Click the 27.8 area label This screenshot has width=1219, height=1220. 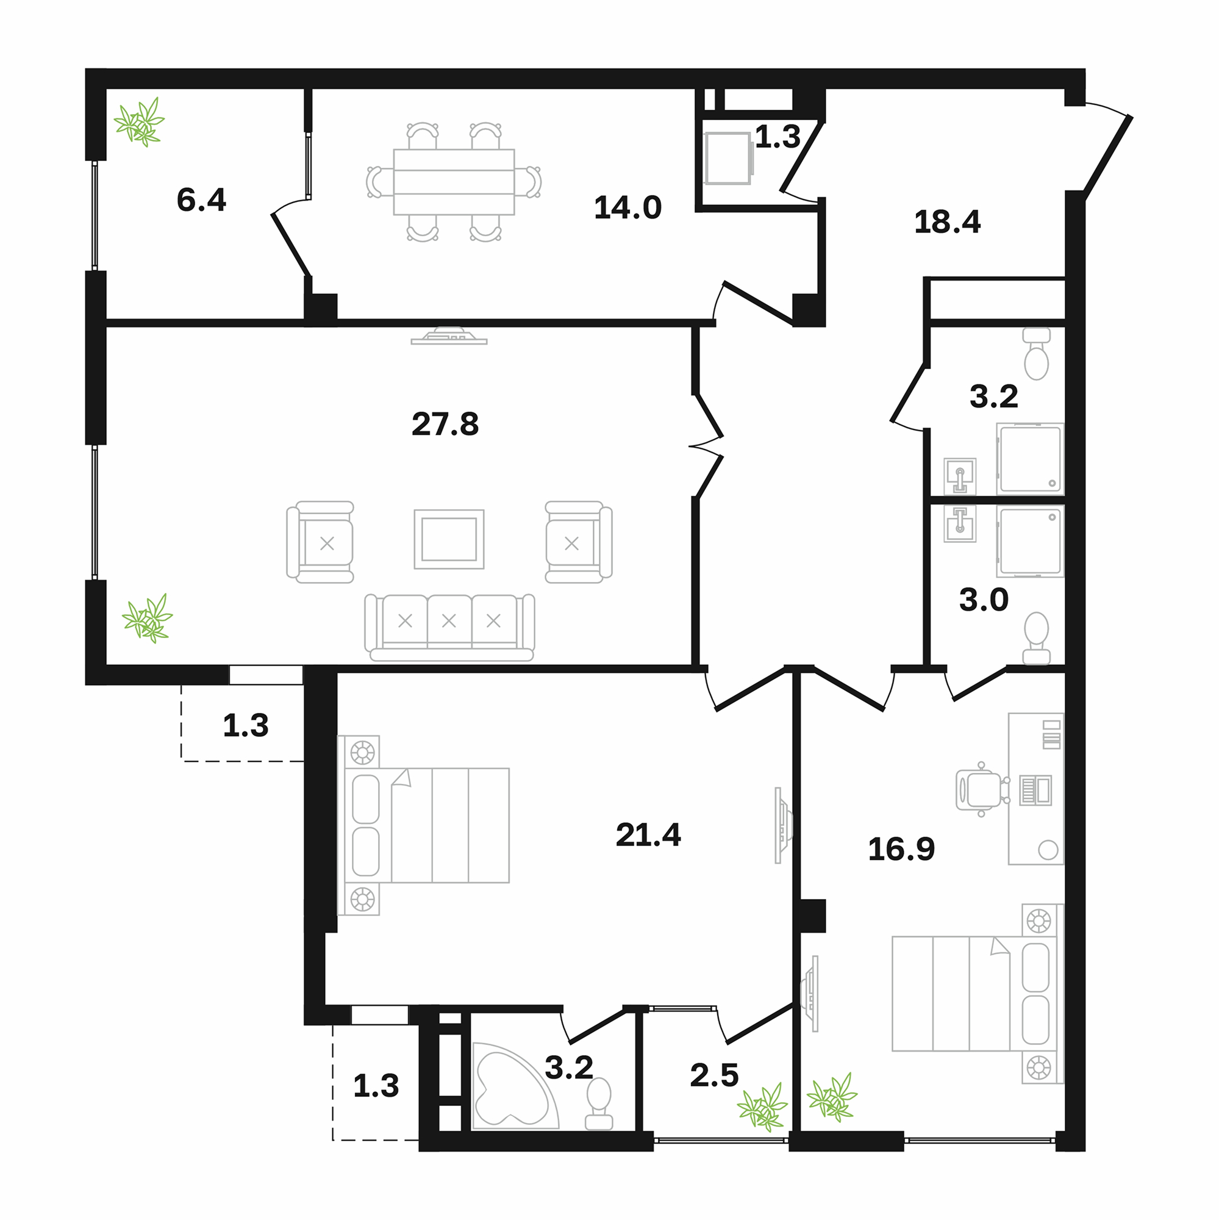click(x=445, y=424)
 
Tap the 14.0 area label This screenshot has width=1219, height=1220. click(x=627, y=208)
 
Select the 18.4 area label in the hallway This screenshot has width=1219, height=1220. click(x=948, y=222)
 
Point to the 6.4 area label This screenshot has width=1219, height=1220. click(x=201, y=200)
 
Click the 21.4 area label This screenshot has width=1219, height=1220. click(x=648, y=835)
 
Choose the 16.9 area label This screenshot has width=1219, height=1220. click(x=901, y=849)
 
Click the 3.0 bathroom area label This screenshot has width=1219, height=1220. click(x=984, y=600)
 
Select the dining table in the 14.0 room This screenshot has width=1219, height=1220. click(x=454, y=182)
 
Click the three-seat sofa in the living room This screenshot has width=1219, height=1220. click(x=449, y=627)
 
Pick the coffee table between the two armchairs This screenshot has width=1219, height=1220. click(x=449, y=539)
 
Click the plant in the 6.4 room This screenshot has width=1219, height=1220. click(x=139, y=122)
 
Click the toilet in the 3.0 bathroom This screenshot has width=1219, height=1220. click(x=1036, y=638)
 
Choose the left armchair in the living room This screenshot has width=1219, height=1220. click(x=320, y=542)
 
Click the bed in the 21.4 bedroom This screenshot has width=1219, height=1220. click(x=423, y=825)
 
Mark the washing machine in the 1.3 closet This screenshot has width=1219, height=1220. click(x=729, y=158)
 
